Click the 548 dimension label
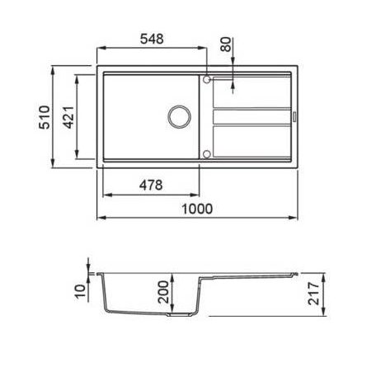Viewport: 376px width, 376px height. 152,39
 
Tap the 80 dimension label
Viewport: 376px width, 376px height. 226,45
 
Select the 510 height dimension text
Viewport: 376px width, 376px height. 45,117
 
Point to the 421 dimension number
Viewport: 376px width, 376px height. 68,117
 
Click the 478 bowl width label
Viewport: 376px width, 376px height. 151,185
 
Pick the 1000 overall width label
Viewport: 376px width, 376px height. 197,209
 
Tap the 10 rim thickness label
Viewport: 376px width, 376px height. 80,292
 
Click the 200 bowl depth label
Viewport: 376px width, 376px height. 163,292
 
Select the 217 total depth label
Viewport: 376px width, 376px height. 313,294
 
